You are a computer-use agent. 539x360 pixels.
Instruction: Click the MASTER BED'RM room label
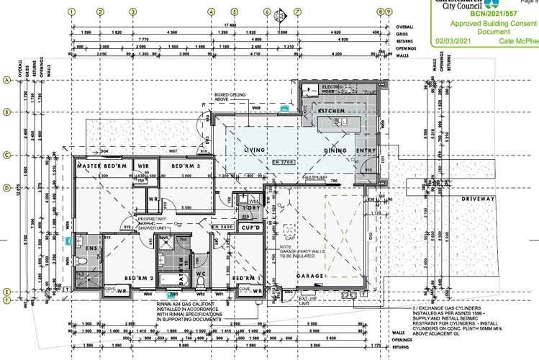[x=102, y=166]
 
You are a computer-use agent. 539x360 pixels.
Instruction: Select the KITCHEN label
[x=322, y=112]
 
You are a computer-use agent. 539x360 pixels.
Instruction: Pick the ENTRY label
[x=367, y=150]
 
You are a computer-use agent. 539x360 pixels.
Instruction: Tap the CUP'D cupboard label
[x=250, y=228]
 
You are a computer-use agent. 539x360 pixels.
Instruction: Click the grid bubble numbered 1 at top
[x=72, y=12]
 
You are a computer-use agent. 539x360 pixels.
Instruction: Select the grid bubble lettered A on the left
[x=7, y=81]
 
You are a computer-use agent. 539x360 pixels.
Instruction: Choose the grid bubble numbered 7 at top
[x=297, y=12]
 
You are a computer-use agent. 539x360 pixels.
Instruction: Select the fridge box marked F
[x=309, y=89]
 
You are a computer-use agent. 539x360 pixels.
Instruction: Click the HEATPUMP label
[x=315, y=176]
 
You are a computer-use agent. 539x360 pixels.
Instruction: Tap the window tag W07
[x=173, y=151]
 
